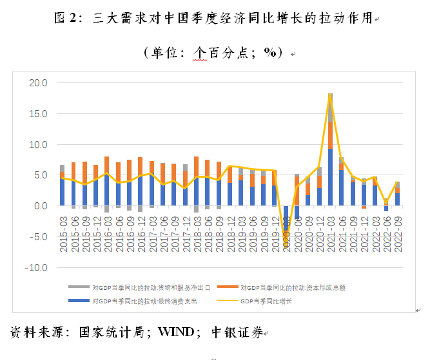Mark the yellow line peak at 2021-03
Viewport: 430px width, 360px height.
pyautogui.click(x=331, y=95)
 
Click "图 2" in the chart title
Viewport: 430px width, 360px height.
pyautogui.click(x=66, y=19)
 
